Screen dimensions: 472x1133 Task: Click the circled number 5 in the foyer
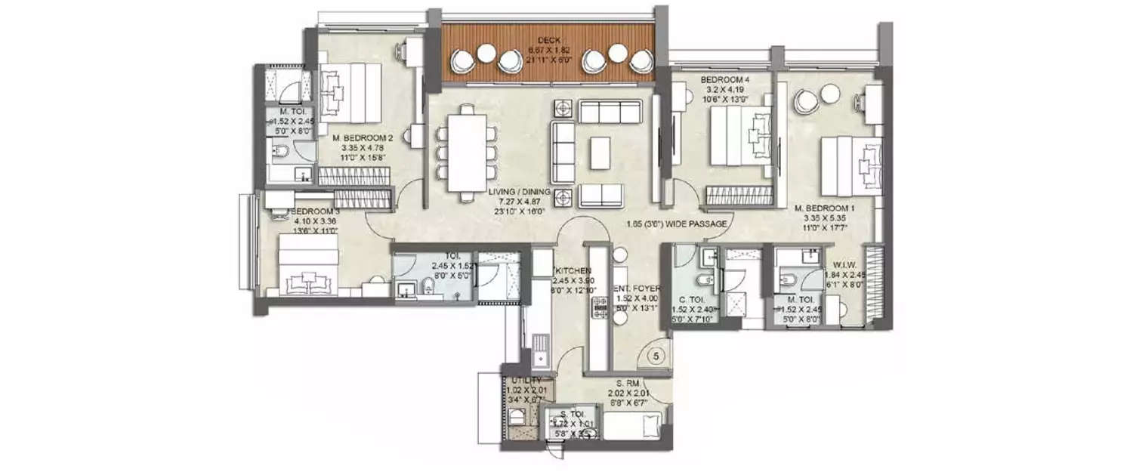point(657,355)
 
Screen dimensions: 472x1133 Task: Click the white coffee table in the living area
point(601,153)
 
